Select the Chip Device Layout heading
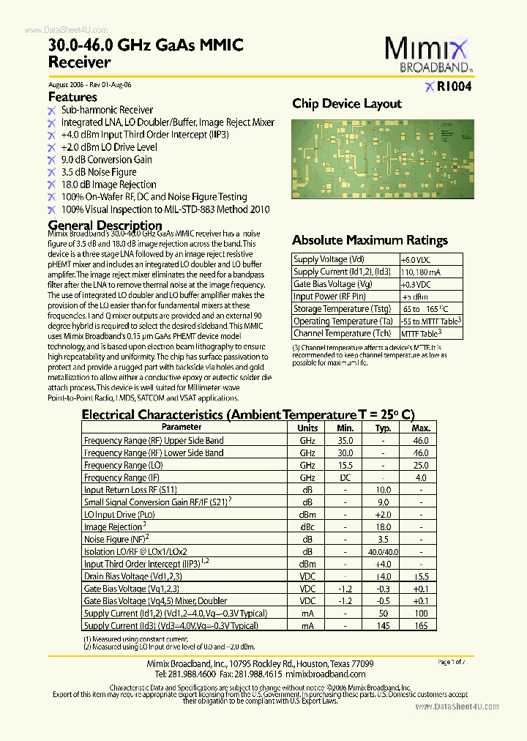click(347, 104)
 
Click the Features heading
click(72, 97)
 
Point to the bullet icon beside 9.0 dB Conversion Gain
click(52, 160)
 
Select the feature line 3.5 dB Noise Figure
click(98, 172)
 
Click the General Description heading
click(105, 226)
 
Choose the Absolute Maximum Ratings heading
click(370, 240)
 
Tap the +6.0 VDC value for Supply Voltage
click(416, 260)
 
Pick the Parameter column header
click(182, 428)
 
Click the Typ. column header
click(383, 428)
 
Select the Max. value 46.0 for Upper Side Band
click(421, 441)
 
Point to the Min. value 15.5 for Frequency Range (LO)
click(345, 466)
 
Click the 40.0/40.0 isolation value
click(383, 552)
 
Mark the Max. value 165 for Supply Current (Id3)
click(421, 626)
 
